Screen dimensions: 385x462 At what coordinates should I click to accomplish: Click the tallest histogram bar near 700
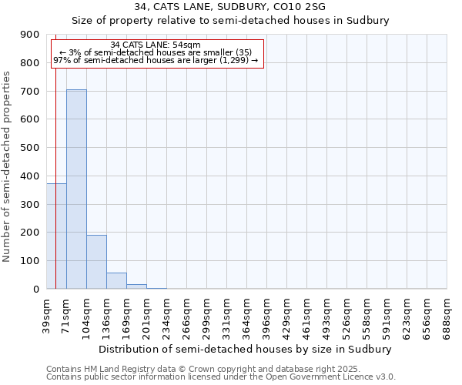tap(76, 189)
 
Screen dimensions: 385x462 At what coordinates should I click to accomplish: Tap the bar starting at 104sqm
tap(96, 262)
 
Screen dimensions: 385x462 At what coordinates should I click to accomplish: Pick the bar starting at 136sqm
tap(116, 281)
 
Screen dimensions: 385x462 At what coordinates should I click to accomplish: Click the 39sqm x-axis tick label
tap(47, 313)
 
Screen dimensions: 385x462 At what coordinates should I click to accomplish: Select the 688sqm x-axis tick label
tap(447, 315)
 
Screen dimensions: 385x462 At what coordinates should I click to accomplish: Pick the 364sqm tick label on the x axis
tap(247, 315)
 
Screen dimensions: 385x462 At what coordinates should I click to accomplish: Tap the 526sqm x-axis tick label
tap(347, 315)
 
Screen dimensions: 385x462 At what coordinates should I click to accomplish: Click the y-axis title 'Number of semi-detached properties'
tap(8, 166)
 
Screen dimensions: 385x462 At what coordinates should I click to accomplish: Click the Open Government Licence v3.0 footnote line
tap(221, 377)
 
